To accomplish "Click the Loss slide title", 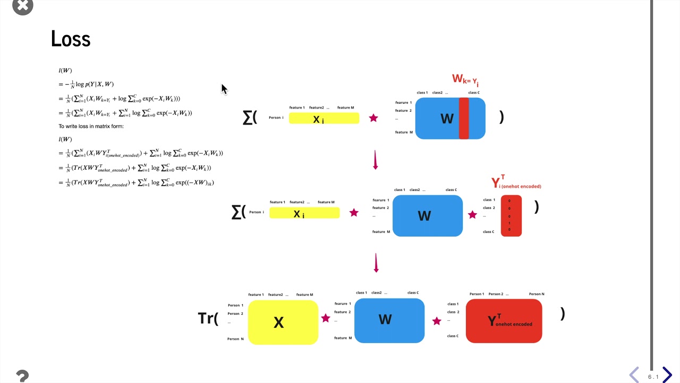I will coord(71,39).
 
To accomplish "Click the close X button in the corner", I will coord(22,6).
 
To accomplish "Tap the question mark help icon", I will coord(22,376).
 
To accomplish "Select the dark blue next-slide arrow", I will coord(667,375).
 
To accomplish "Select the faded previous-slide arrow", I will coord(634,375).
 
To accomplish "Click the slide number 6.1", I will coord(653,377).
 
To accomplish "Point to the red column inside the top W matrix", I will coord(464,118).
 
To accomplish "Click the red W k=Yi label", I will coord(465,80).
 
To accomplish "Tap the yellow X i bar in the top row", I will coord(324,119).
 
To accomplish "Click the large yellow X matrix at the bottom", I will coord(283,322).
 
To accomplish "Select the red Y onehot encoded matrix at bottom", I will coord(504,321).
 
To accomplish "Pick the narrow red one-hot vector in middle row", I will coord(511,215).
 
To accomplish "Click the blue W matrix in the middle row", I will coord(427,215).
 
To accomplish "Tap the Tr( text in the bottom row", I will coord(208,318).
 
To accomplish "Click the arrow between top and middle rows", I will coord(376,160).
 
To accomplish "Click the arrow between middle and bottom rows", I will coord(376,262).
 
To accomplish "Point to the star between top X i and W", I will coord(373,118).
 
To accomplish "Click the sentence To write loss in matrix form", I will coord(91,126).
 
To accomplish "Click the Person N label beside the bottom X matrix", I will coord(235,339).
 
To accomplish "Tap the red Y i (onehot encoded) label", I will coord(516,184).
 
